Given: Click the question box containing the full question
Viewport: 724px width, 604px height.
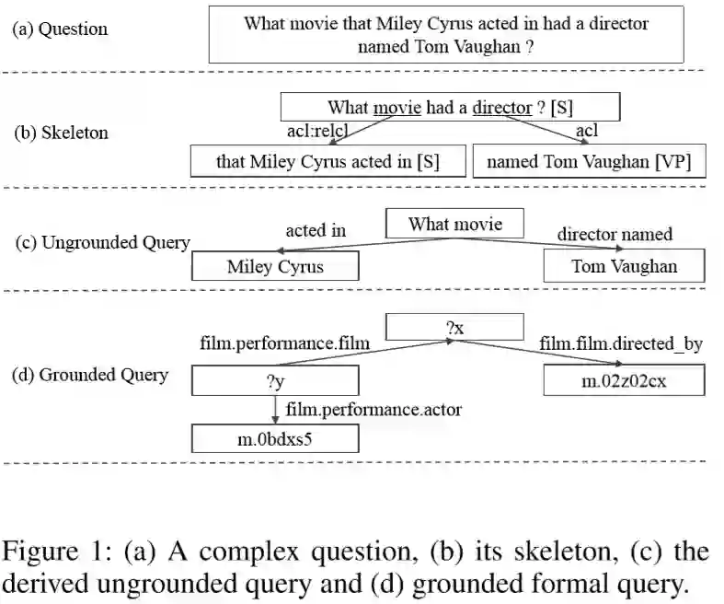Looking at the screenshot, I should [x=446, y=34].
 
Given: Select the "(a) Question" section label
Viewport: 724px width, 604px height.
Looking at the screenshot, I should [x=60, y=29].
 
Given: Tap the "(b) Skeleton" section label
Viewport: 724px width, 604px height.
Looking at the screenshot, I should [x=62, y=133].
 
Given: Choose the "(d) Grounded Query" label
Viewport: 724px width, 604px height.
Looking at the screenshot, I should [x=89, y=375].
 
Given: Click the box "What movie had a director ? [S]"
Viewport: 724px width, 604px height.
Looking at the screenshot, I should [x=450, y=108].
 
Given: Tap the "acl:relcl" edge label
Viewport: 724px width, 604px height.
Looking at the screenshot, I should [x=318, y=132].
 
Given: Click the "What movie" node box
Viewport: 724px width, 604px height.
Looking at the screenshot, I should [x=454, y=224].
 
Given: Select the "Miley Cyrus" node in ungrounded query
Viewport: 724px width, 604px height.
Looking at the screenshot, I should [x=275, y=267].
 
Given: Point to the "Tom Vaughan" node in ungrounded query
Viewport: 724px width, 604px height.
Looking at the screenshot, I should [x=624, y=267].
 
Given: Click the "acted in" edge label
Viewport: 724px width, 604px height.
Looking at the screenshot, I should [x=316, y=230].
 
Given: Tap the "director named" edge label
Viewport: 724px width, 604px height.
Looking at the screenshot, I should [x=615, y=234].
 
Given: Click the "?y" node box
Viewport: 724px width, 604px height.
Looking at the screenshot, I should [x=274, y=380].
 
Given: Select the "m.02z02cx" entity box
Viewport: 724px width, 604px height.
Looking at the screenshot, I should [x=624, y=380].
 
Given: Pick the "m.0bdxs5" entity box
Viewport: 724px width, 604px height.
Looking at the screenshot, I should [x=274, y=439].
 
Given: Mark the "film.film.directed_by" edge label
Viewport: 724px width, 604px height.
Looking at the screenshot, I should [x=621, y=344].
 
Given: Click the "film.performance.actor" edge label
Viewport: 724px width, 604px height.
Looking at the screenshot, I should [x=373, y=409].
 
